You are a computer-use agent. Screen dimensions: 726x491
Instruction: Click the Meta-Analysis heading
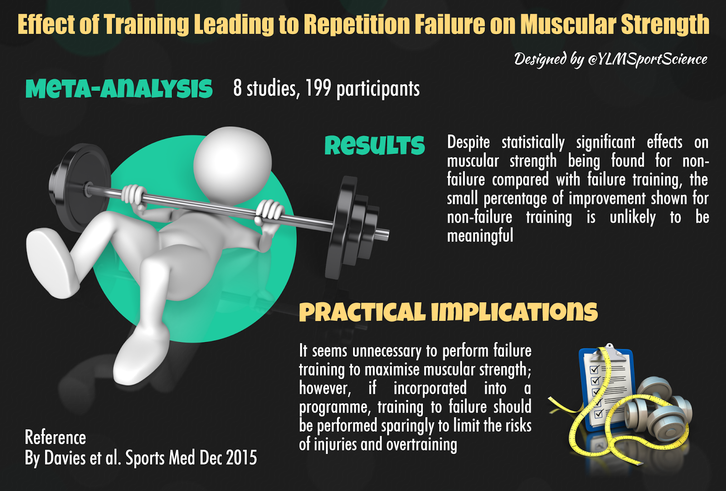tap(119, 88)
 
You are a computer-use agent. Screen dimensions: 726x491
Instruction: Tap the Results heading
tap(374, 145)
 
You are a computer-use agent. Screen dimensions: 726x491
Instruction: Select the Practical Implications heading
tap(448, 312)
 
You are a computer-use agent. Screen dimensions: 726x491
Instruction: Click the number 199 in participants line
tap(318, 88)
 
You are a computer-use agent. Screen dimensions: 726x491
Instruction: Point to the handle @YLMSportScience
tap(648, 60)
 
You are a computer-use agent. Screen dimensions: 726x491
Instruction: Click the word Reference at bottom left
tap(55, 437)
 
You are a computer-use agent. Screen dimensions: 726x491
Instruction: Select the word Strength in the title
tap(665, 25)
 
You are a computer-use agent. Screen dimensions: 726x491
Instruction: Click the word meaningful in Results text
tap(480, 236)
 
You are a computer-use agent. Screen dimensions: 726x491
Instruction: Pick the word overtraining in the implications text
tap(422, 444)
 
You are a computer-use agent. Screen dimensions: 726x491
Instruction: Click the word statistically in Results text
tap(533, 143)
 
